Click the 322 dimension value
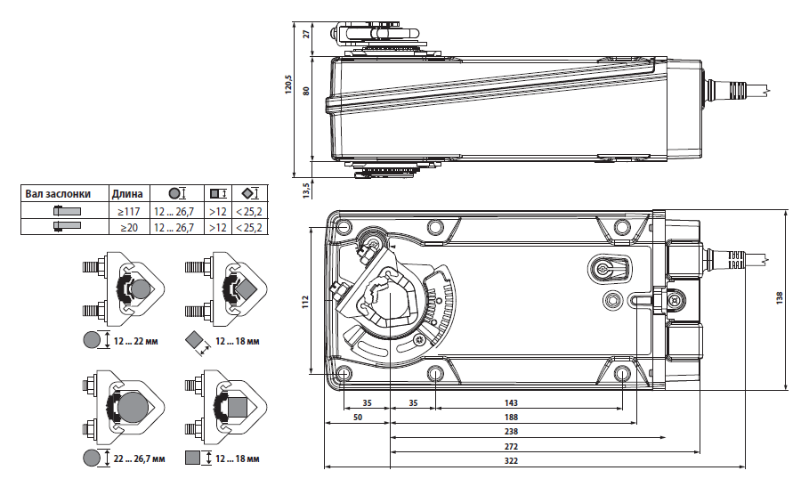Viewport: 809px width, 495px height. click(x=511, y=460)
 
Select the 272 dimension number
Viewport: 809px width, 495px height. click(x=511, y=445)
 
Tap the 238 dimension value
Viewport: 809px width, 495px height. click(x=511, y=431)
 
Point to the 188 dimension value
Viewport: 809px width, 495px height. click(x=511, y=417)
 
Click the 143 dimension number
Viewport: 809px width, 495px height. click(x=511, y=402)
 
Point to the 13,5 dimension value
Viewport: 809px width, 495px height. click(x=306, y=189)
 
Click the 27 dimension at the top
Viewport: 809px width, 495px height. click(x=306, y=34)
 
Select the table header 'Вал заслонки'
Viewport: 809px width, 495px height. click(x=58, y=194)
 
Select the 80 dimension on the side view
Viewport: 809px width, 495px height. click(x=306, y=91)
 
